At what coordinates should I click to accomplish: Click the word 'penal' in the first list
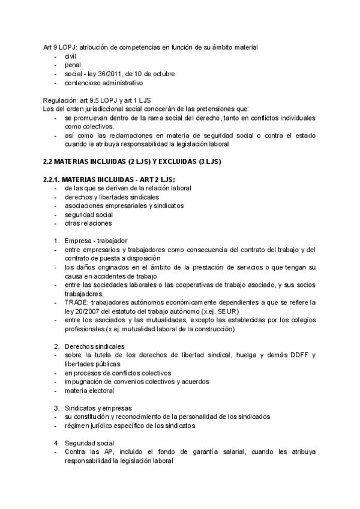(73, 65)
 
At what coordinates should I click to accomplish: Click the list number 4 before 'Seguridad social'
(56, 443)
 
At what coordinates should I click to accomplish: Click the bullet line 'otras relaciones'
(88, 223)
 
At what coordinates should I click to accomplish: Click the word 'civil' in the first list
(71, 56)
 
